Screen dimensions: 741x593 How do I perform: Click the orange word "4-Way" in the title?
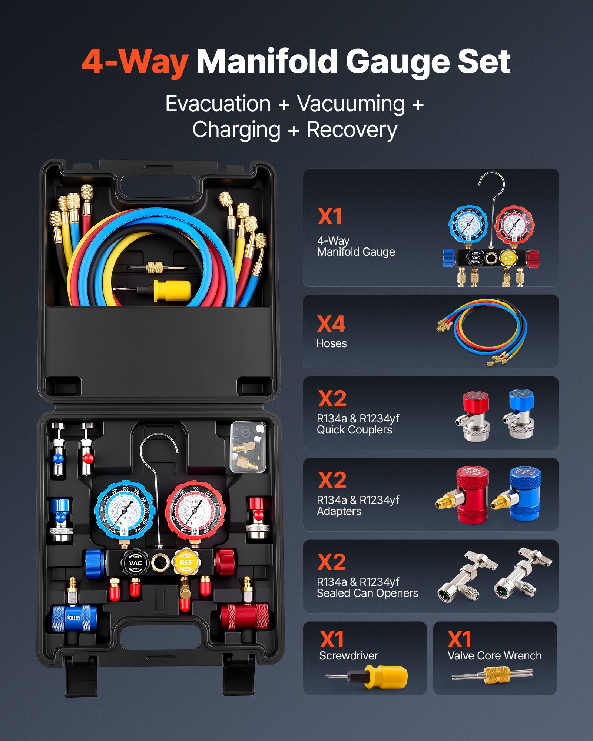(x=135, y=62)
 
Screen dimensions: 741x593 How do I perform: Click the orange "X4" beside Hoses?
(x=331, y=324)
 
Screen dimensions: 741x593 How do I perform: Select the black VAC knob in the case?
(x=136, y=563)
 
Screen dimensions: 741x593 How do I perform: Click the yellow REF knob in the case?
(x=186, y=562)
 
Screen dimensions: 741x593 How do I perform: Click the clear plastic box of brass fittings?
(x=248, y=447)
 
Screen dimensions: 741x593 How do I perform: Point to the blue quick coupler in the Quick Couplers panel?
(x=520, y=413)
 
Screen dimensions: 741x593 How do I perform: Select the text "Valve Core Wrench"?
(x=494, y=656)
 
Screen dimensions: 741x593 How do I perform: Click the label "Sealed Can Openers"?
(x=367, y=593)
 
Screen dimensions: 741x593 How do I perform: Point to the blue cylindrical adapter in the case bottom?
(x=74, y=618)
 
